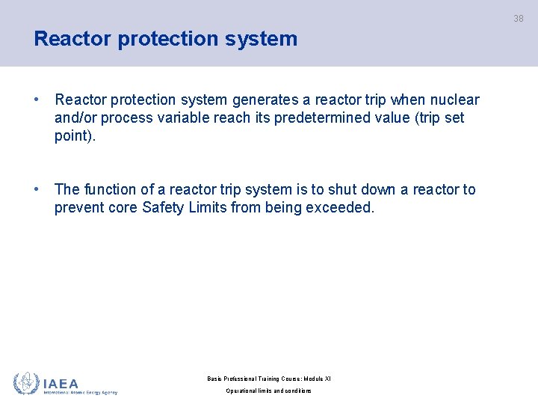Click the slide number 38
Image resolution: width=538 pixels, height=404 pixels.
[x=519, y=19]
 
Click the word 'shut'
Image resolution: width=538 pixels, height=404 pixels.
[x=342, y=190]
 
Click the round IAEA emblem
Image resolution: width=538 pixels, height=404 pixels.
[x=26, y=383]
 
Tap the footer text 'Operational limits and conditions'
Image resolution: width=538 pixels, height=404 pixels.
[x=269, y=391]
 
